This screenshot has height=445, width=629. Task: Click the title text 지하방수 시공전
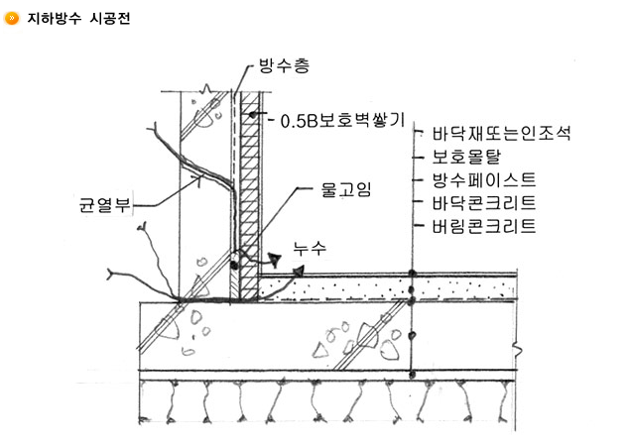point(75,19)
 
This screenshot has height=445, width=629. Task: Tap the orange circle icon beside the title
point(11,19)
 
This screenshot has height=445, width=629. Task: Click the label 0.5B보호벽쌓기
point(342,121)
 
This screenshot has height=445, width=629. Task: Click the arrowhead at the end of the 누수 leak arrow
point(297,271)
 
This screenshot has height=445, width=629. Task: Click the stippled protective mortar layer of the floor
point(337,289)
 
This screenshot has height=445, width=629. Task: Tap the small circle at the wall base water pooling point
point(235,262)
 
